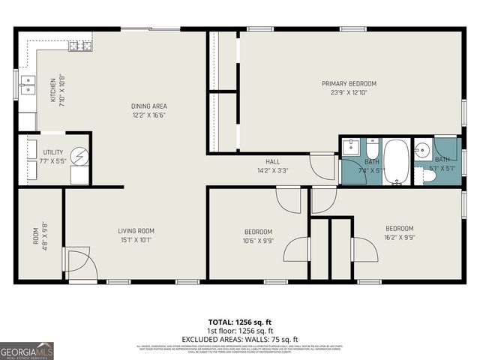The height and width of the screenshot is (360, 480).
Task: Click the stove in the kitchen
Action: coord(80,46)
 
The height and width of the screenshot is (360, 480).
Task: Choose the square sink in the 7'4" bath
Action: coord(351,148)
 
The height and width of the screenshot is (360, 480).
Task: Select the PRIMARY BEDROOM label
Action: coord(349,83)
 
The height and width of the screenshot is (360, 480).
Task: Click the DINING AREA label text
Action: coord(148,106)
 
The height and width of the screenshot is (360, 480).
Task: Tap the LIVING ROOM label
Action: coord(136,231)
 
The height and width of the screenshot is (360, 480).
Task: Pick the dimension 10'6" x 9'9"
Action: coord(258,241)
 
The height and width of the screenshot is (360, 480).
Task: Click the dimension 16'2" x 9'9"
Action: coord(399,238)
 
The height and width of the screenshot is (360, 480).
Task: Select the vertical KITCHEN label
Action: coord(52,91)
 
